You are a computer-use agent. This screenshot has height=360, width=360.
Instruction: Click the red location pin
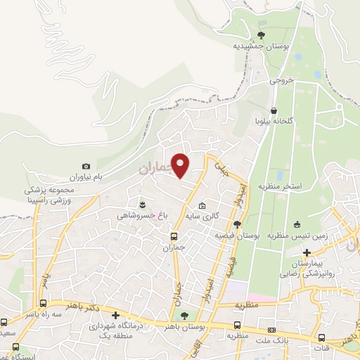point(181,165)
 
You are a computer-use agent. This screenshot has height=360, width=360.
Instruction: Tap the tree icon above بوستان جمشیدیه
point(262,35)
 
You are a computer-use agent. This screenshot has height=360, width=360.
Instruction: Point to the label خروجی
point(280,81)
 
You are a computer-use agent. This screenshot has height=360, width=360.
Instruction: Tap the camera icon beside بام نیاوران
point(86,166)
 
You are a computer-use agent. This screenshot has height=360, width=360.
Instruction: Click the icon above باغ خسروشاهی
point(143,205)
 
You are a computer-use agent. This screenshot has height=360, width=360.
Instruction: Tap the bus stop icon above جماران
point(174,236)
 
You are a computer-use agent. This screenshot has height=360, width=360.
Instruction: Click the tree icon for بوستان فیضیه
point(237,224)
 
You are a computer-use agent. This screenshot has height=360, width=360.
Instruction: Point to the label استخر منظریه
point(283,186)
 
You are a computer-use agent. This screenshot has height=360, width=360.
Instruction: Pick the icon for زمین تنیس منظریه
point(297,224)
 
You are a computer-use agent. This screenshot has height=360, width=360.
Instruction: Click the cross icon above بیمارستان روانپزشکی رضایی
point(307,251)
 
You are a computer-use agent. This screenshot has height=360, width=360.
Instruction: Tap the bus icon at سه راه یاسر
point(44,304)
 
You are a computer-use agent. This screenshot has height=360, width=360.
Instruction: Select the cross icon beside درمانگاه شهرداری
point(115,315)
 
